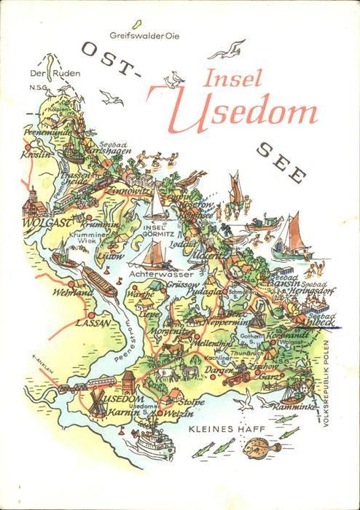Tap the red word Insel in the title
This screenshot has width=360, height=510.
(x=232, y=79)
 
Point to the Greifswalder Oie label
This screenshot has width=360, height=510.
(x=144, y=35)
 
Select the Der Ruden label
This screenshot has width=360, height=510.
(x=44, y=73)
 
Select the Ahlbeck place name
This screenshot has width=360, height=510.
(x=318, y=323)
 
